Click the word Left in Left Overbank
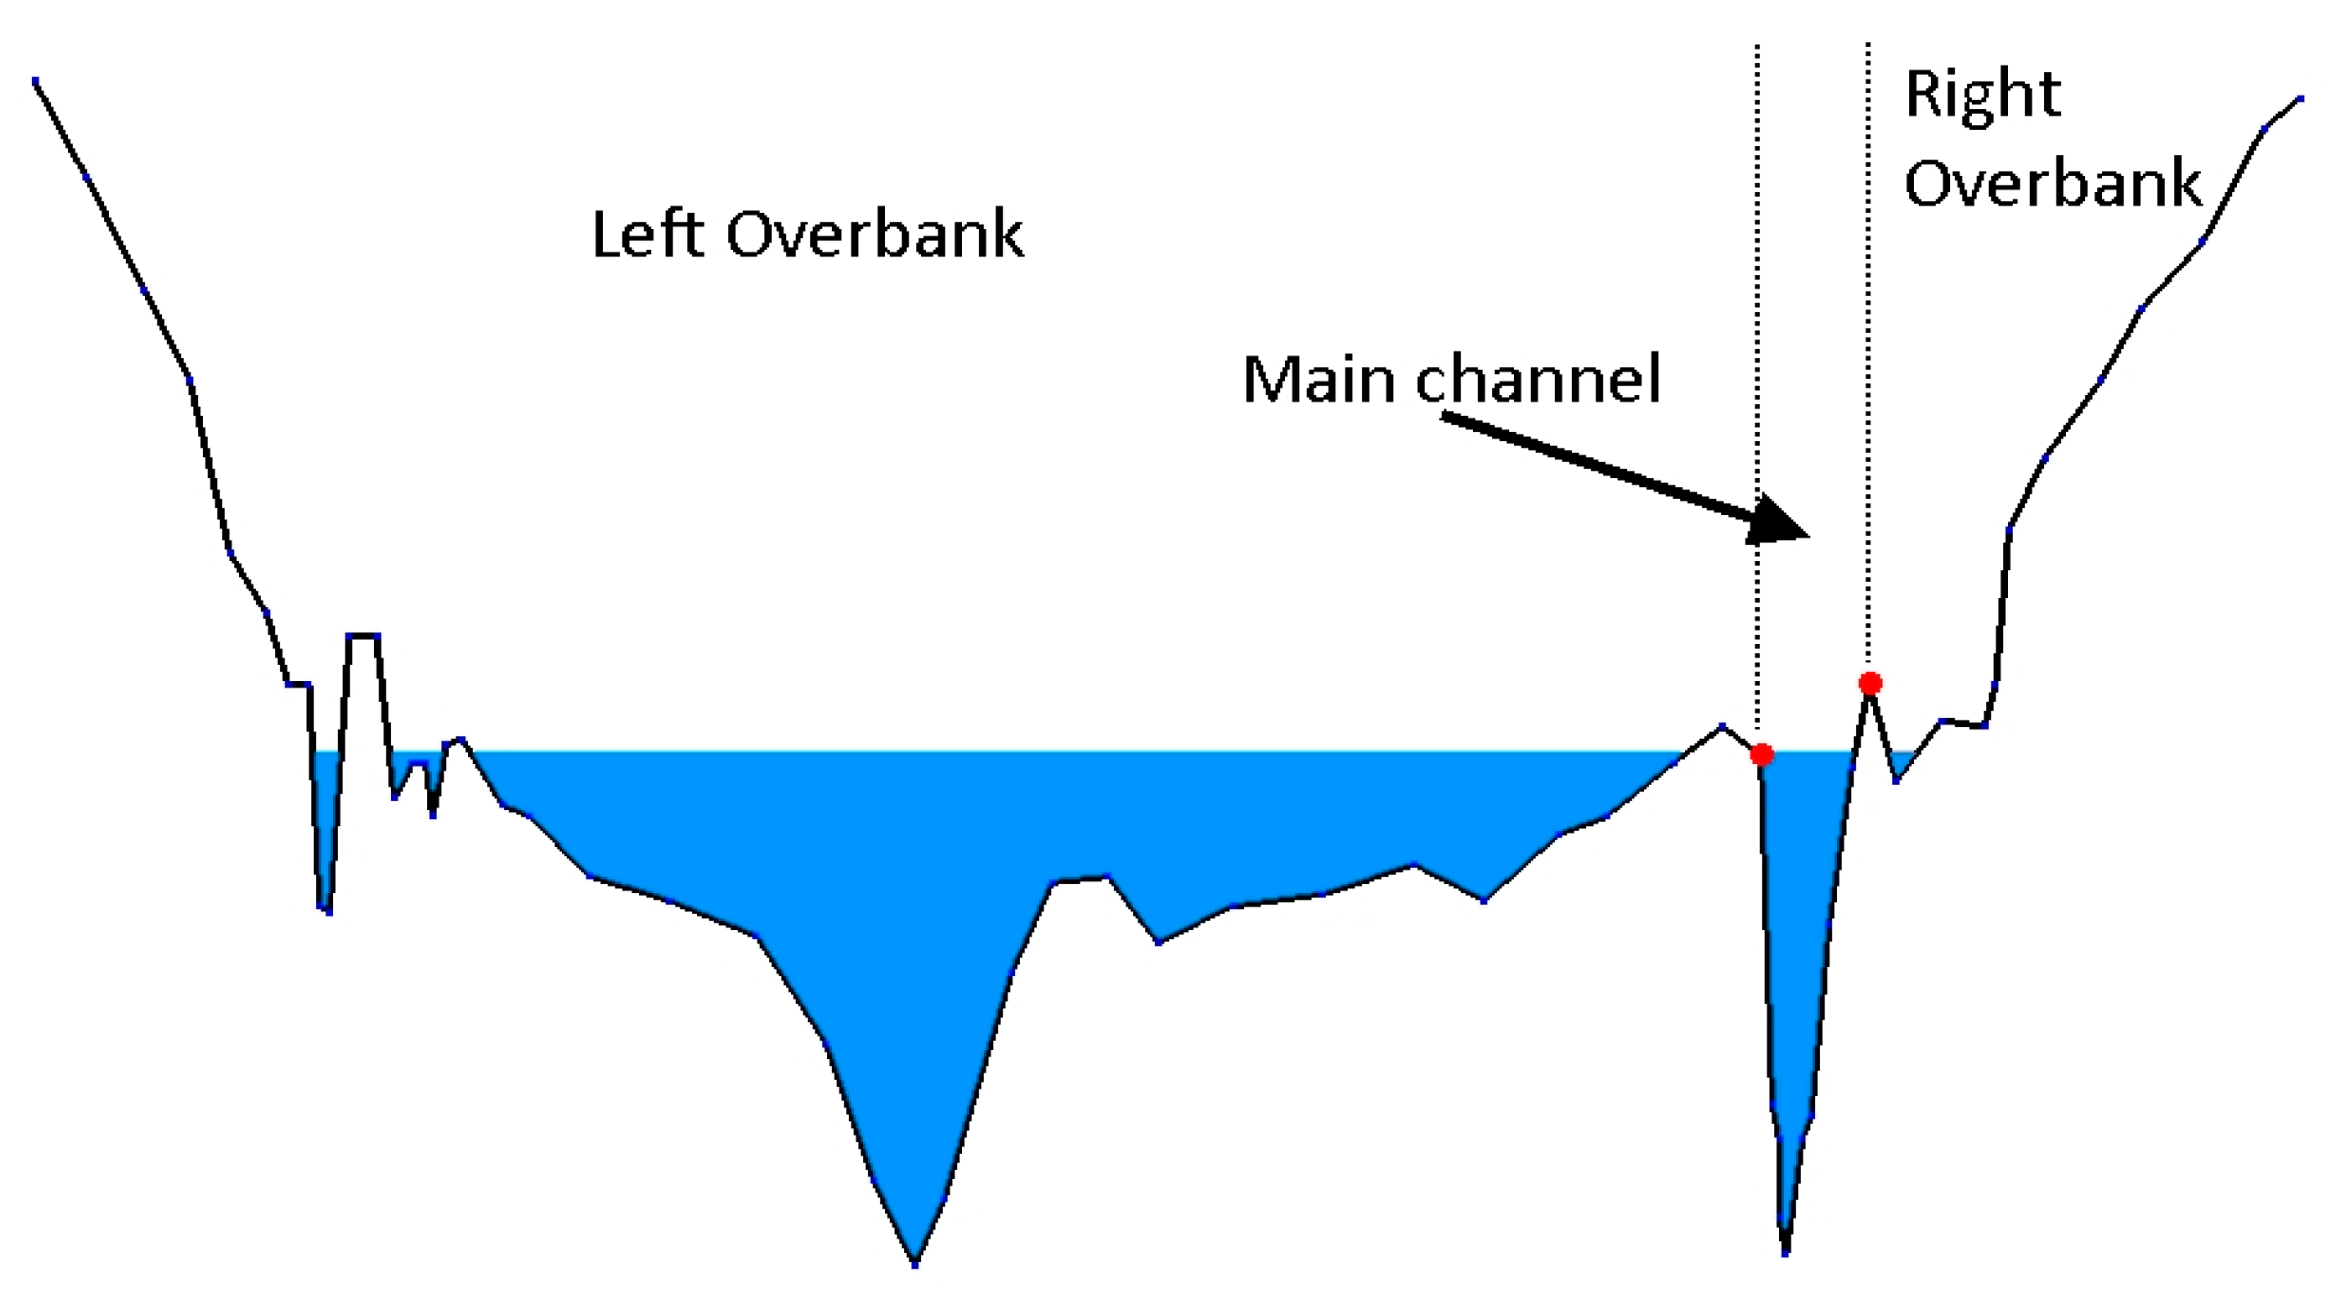pyautogui.click(x=648, y=235)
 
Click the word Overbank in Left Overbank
pyautogui.click(x=875, y=235)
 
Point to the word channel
pyautogui.click(x=1538, y=379)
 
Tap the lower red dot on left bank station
pyautogui.click(x=1762, y=754)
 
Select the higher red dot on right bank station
pyautogui.click(x=1870, y=683)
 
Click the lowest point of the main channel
pyautogui.click(x=1786, y=1253)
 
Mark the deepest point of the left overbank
pyautogui.click(x=915, y=1263)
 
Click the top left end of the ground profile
pyautogui.click(x=35, y=81)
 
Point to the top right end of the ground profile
pyautogui.click(x=2301, y=98)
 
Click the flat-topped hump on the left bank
pyautogui.click(x=362, y=635)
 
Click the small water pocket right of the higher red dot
pyautogui.click(x=1898, y=761)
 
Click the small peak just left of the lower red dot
pyautogui.click(x=1722, y=727)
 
